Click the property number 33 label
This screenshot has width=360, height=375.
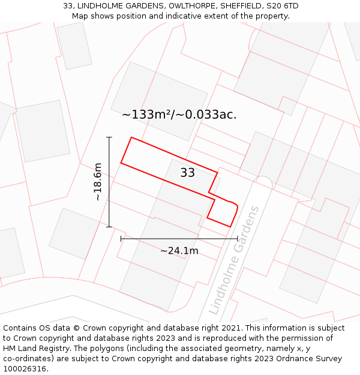188,173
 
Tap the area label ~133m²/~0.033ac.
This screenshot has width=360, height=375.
179,114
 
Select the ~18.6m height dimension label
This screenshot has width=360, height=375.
98,182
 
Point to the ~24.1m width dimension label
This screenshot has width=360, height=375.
179,251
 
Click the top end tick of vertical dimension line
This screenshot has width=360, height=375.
109,137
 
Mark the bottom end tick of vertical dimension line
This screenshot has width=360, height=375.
109,227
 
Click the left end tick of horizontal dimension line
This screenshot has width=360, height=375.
121,239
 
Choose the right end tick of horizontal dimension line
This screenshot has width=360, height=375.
238,239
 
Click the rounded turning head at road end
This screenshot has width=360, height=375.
263,182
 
